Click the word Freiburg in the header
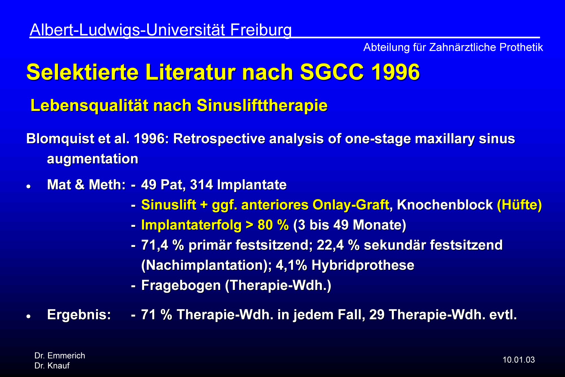[261, 30]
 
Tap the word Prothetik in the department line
[521, 47]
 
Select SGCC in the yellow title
[332, 72]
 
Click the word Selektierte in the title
[82, 72]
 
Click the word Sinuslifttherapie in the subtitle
[262, 106]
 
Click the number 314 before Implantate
[201, 185]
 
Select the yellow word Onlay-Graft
[351, 205]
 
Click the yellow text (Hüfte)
[519, 205]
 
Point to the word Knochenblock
[445, 205]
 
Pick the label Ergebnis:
[79, 315]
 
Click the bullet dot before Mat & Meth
[28, 187]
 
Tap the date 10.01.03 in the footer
[519, 360]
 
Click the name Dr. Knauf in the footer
[52, 366]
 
